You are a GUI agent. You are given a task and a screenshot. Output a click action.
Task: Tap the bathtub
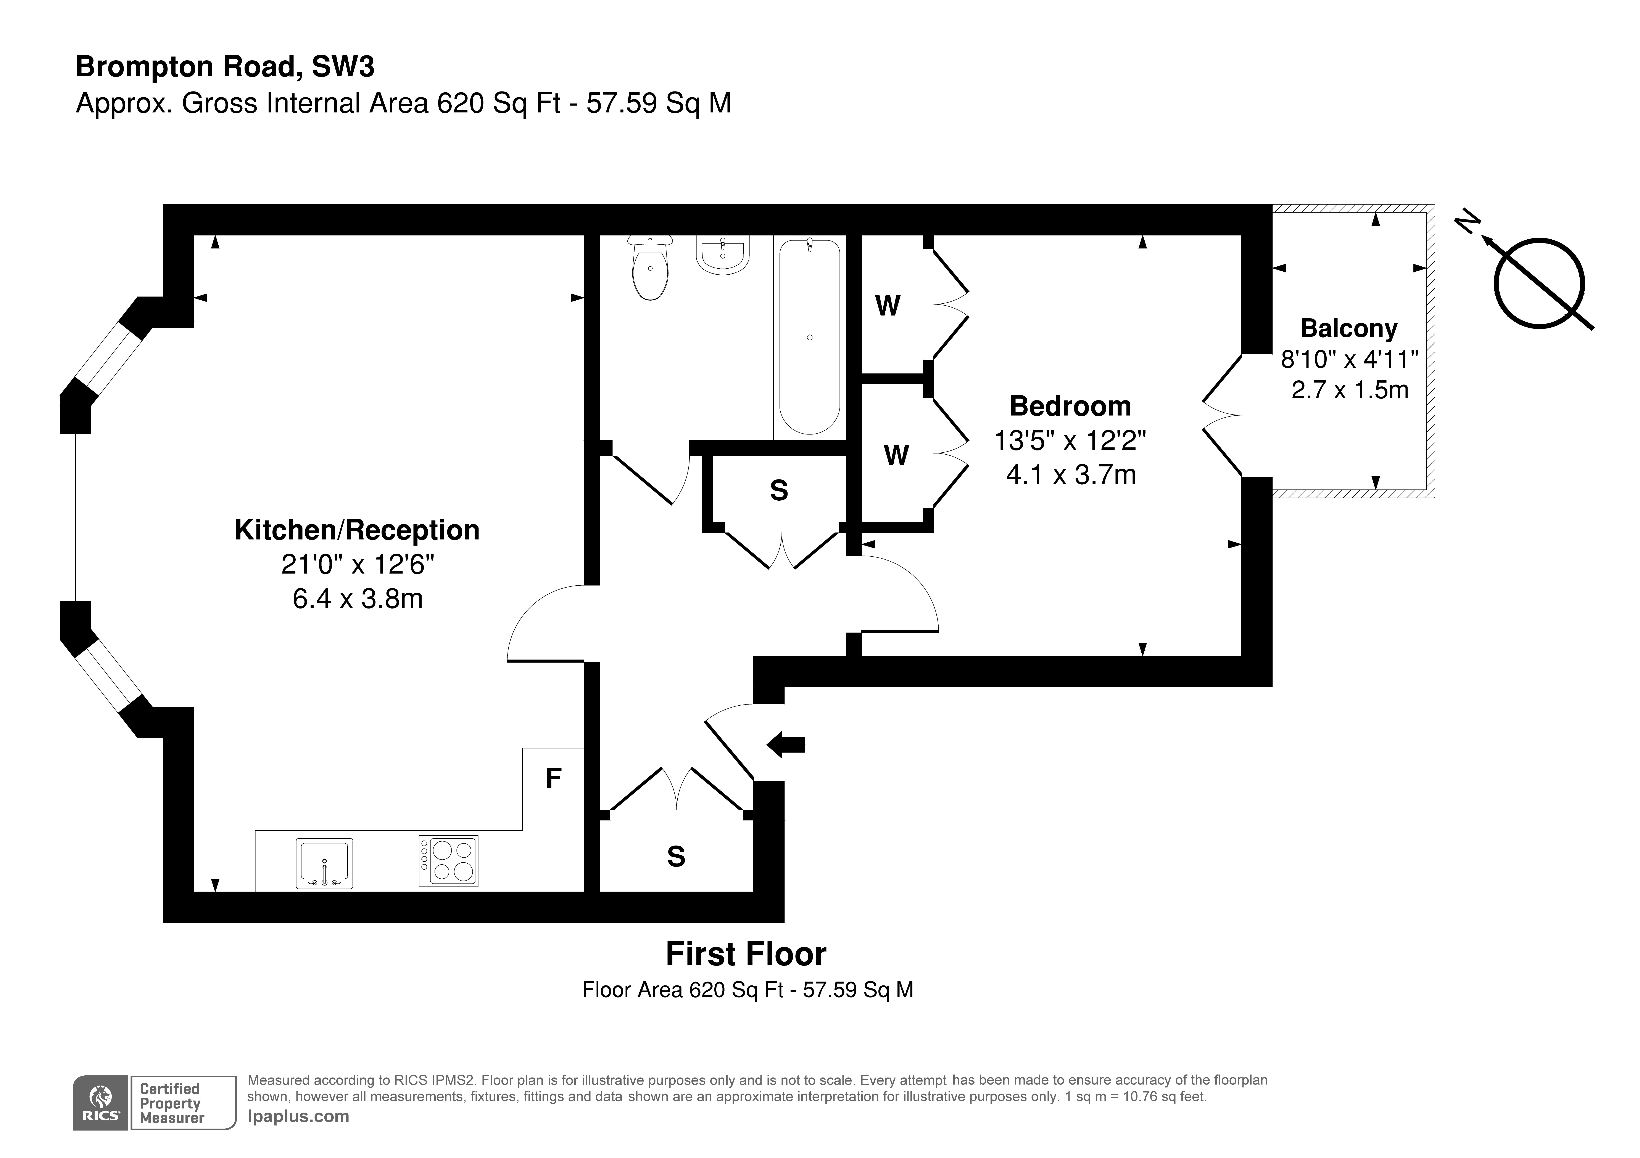click(809, 337)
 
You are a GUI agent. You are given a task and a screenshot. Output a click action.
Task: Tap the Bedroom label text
click(1070, 406)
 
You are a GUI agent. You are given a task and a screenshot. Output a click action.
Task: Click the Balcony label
click(1348, 328)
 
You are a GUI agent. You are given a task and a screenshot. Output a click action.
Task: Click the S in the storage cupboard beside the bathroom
click(779, 490)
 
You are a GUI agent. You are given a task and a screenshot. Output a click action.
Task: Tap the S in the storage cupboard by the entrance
click(676, 856)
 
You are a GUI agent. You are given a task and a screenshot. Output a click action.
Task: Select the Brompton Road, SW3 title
click(225, 66)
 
